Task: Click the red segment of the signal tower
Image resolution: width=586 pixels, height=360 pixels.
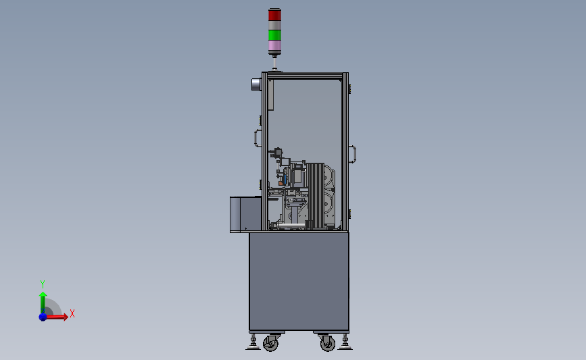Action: pyautogui.click(x=274, y=15)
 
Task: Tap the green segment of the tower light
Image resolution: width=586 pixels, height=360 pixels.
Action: pyautogui.click(x=274, y=34)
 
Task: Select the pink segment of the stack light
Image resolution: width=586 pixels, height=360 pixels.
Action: pyautogui.click(x=274, y=47)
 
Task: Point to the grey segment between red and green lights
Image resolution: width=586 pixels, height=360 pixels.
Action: pyautogui.click(x=274, y=25)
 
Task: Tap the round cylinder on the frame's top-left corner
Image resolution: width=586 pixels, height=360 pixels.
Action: pyautogui.click(x=256, y=84)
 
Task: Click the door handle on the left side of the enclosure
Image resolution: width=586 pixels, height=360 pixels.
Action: pyautogui.click(x=257, y=138)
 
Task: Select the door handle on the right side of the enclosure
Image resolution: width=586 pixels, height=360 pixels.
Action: pyautogui.click(x=352, y=155)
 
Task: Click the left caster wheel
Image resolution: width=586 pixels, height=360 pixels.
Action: pyautogui.click(x=270, y=344)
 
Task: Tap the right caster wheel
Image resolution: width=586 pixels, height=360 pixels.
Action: pyautogui.click(x=327, y=344)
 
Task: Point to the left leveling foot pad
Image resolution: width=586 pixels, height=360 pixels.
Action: pyautogui.click(x=253, y=347)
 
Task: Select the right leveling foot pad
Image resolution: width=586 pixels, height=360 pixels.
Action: pyautogui.click(x=345, y=347)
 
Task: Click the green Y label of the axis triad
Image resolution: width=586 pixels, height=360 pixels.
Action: pyautogui.click(x=42, y=284)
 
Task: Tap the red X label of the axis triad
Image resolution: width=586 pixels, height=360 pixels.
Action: pyautogui.click(x=72, y=313)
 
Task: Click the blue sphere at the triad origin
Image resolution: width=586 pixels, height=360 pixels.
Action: pyautogui.click(x=43, y=316)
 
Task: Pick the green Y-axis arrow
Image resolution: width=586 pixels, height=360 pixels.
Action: pyautogui.click(x=43, y=301)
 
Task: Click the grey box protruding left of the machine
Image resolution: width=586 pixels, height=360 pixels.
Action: pyautogui.click(x=245, y=214)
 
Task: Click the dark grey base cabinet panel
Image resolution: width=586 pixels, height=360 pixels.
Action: pyautogui.click(x=299, y=281)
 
